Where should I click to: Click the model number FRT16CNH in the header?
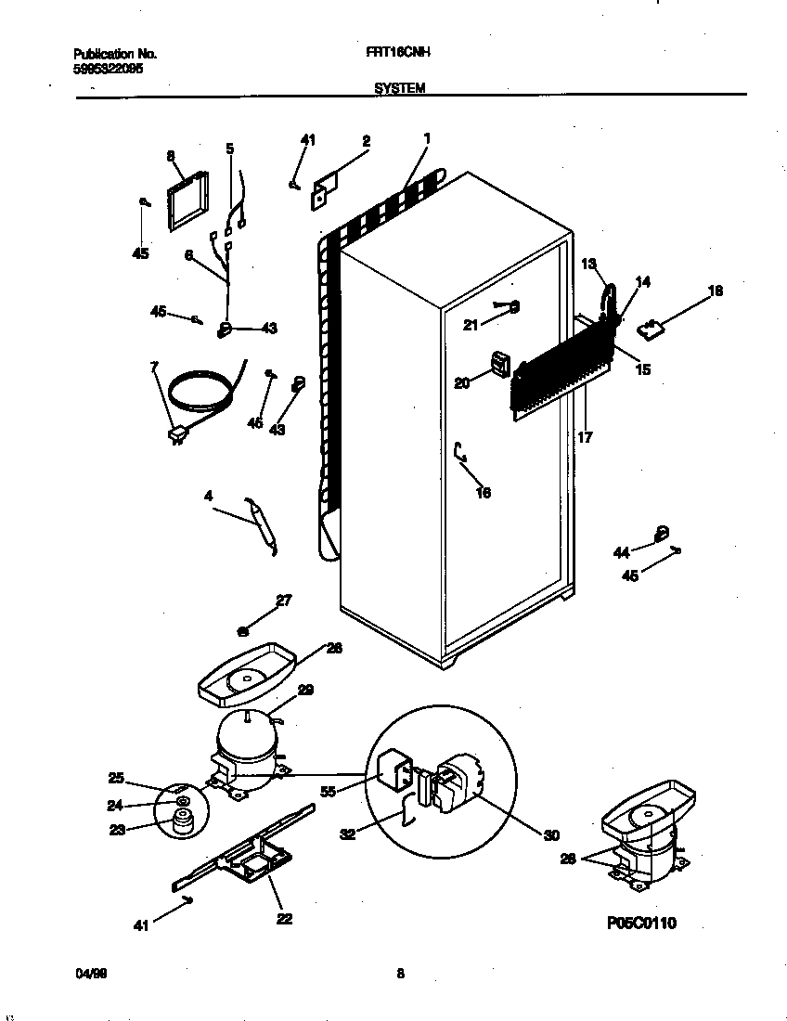[391, 54]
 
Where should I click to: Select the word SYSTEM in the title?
[400, 88]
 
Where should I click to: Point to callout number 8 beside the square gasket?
[171, 157]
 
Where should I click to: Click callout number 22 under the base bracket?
[284, 919]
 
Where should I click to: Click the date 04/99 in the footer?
[89, 974]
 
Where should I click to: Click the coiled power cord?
[200, 390]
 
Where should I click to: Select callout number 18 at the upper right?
[715, 291]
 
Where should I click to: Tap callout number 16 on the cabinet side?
[483, 493]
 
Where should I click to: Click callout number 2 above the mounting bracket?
[366, 141]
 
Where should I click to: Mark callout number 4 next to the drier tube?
[209, 498]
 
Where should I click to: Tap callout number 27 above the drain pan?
[284, 601]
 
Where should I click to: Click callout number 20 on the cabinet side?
[461, 381]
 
